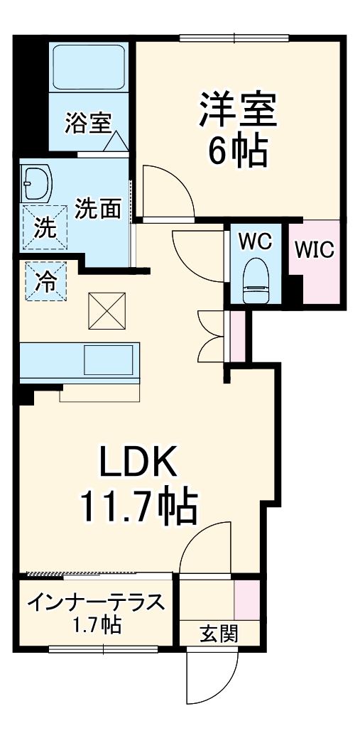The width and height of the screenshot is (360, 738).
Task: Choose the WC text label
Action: pyautogui.click(x=255, y=242)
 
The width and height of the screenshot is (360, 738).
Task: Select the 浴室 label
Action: pyautogui.click(x=87, y=124)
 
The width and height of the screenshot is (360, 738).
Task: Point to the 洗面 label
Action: pyautogui.click(x=99, y=210)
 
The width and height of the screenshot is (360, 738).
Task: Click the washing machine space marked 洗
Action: pyautogui.click(x=44, y=228)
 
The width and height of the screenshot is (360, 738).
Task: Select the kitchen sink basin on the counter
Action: pyautogui.click(x=108, y=361)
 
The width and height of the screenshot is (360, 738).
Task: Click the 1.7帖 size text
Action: pyautogui.click(x=97, y=626)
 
